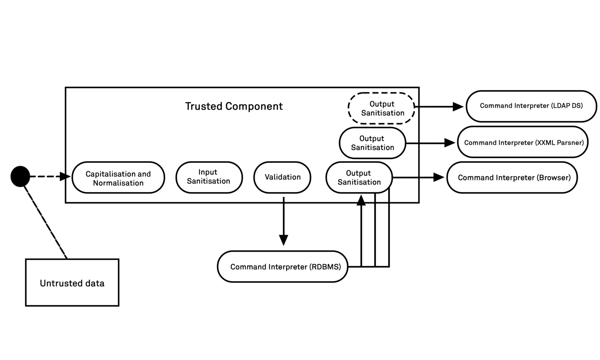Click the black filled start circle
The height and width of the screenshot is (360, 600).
click(20, 176)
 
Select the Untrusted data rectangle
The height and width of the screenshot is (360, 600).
click(72, 282)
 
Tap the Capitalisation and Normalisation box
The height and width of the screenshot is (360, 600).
click(118, 178)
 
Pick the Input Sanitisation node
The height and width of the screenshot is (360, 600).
click(209, 177)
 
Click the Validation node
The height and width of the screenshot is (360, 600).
click(282, 177)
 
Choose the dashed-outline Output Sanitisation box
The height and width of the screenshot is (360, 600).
click(382, 108)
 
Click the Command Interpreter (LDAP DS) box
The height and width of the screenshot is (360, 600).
click(531, 106)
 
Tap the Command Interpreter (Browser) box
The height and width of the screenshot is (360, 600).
click(512, 178)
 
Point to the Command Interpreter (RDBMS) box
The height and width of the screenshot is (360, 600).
click(282, 267)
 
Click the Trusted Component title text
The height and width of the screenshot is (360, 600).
click(234, 106)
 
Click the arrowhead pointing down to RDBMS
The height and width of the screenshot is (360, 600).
click(284, 240)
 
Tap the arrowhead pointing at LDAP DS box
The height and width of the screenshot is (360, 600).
click(458, 106)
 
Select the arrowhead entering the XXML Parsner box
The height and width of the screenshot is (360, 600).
click(450, 143)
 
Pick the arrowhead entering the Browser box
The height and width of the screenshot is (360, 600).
click(439, 178)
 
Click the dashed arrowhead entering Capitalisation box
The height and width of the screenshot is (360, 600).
click(66, 176)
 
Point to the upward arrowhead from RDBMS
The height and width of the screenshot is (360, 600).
click(361, 200)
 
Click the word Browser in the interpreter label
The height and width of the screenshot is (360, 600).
click(554, 178)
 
